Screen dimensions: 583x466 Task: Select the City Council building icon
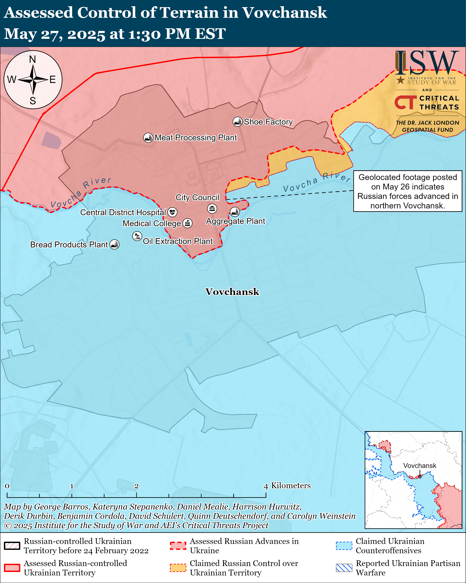tap(212, 208)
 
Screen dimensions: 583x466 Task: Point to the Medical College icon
tap(188, 223)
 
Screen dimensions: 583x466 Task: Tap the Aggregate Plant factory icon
tap(235, 212)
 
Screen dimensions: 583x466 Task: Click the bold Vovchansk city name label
tap(232, 292)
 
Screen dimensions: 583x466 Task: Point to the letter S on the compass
tap(33, 101)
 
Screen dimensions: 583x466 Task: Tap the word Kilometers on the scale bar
tap(291, 486)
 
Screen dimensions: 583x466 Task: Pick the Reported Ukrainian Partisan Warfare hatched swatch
tap(344, 568)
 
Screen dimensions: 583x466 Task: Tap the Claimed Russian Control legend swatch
tap(178, 568)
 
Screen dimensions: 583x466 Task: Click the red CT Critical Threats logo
tap(405, 103)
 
